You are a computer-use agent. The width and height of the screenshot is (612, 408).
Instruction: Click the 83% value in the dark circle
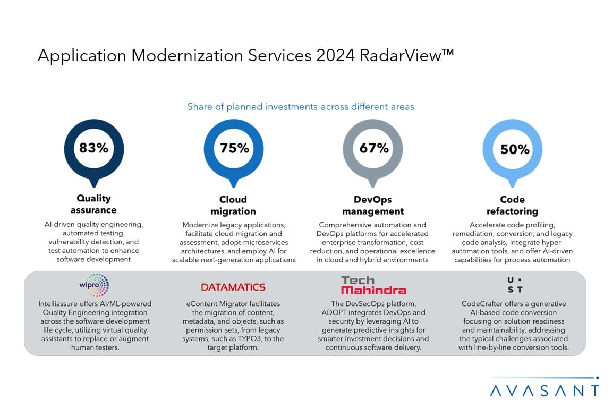click(93, 148)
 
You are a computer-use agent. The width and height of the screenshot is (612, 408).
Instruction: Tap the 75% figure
click(234, 148)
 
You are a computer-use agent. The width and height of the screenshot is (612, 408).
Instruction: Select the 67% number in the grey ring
click(374, 148)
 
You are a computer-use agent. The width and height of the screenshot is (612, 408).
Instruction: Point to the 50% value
click(515, 149)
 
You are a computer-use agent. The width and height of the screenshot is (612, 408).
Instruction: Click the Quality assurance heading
click(93, 204)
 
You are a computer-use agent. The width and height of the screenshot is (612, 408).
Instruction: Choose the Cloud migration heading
click(233, 205)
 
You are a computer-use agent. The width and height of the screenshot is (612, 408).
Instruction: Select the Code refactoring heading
click(513, 205)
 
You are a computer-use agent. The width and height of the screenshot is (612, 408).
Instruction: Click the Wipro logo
click(93, 286)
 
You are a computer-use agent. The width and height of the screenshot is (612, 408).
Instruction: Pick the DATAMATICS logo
click(233, 287)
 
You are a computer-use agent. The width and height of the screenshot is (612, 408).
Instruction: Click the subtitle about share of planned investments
click(301, 107)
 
